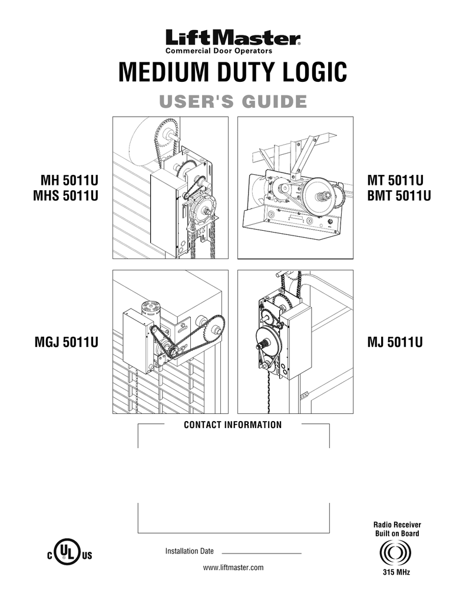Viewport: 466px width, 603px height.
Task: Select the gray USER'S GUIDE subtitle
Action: point(233,101)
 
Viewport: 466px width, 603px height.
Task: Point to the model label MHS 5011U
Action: point(65,194)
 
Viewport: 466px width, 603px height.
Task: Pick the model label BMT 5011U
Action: point(398,194)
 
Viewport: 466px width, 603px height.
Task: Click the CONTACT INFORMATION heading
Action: point(233,425)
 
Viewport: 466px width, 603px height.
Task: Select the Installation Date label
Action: point(189,551)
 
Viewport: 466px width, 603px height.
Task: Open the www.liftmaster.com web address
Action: point(233,568)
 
